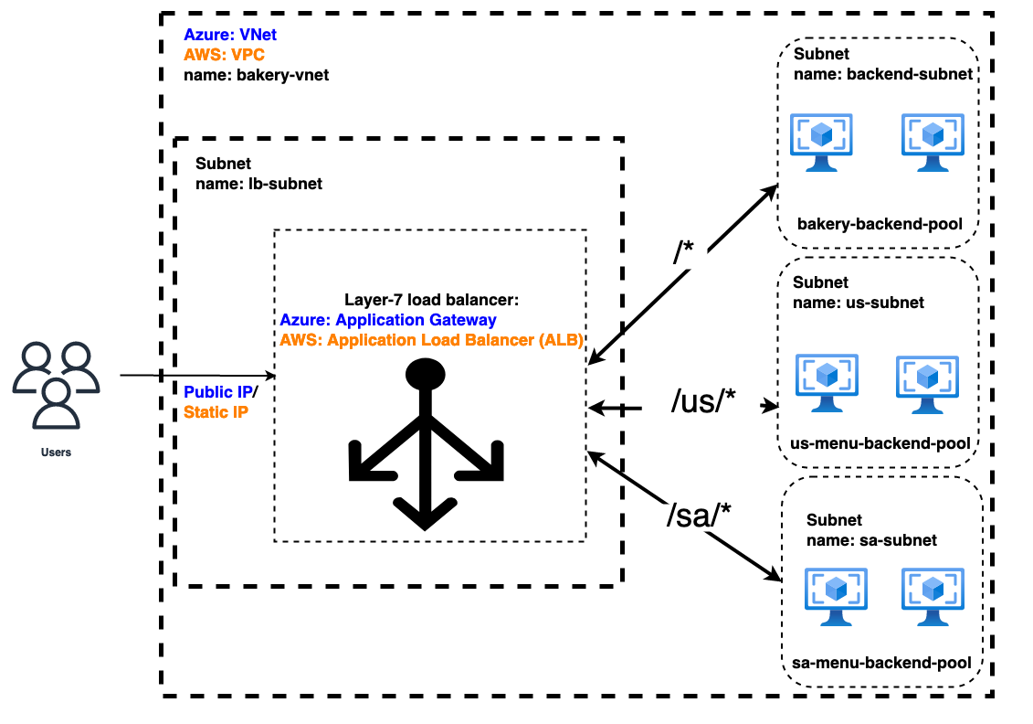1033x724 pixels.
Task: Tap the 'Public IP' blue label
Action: coord(217,392)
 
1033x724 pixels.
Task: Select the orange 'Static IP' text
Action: coord(216,412)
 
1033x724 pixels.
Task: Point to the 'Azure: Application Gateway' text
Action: coord(388,320)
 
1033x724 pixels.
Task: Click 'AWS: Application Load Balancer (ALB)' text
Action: coord(432,340)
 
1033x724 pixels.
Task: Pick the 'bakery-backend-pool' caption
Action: coord(880,224)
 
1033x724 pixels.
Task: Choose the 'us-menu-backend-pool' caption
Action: coord(880,444)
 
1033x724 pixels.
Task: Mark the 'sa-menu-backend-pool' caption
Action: coord(880,663)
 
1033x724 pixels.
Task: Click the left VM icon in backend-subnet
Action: coord(821,143)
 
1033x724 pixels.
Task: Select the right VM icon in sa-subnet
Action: coord(932,596)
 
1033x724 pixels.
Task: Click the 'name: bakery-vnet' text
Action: coord(256,75)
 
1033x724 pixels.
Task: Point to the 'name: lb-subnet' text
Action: coord(258,184)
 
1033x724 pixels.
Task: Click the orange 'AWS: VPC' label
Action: coord(225,55)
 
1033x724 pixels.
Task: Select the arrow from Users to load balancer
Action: coord(196,376)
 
